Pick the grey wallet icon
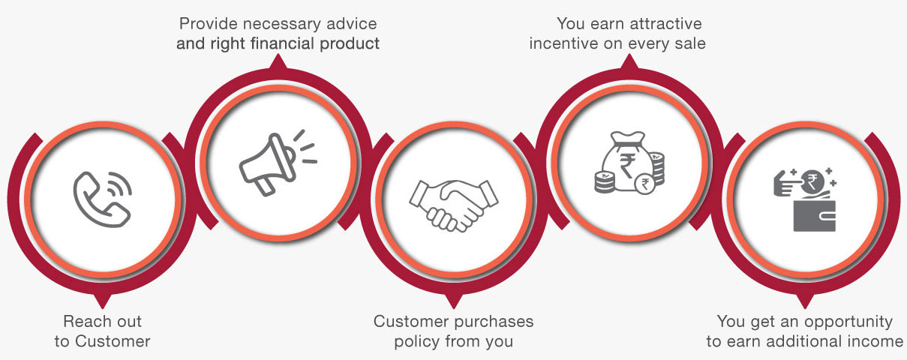(814, 215)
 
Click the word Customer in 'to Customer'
(113, 341)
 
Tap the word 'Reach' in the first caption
(83, 322)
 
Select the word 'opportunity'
(848, 322)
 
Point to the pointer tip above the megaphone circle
(278, 56)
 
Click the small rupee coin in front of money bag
(645, 184)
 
